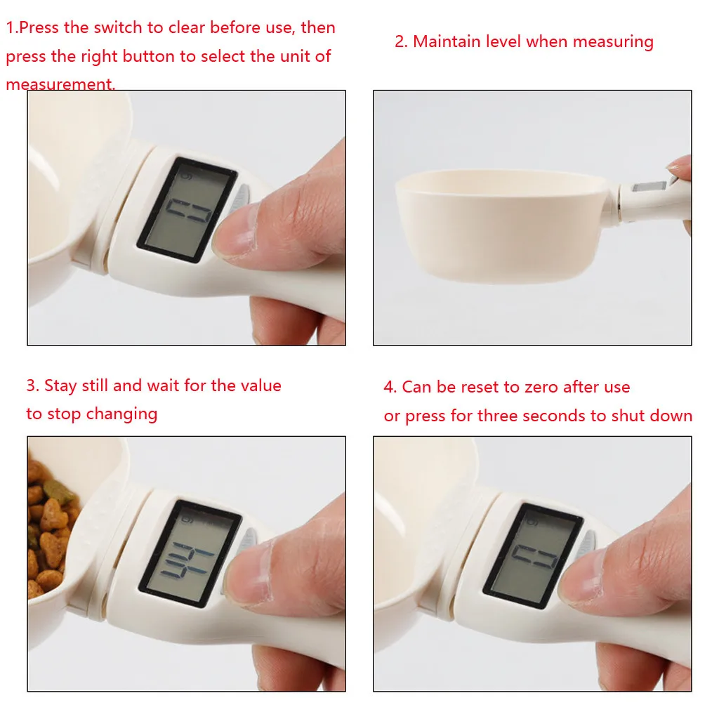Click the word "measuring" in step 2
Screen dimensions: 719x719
[613, 42]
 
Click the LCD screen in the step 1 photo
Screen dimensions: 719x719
[187, 209]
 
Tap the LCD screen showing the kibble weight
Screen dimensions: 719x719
[190, 553]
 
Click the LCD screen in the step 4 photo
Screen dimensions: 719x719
[533, 556]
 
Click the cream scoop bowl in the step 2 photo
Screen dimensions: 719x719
[500, 225]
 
